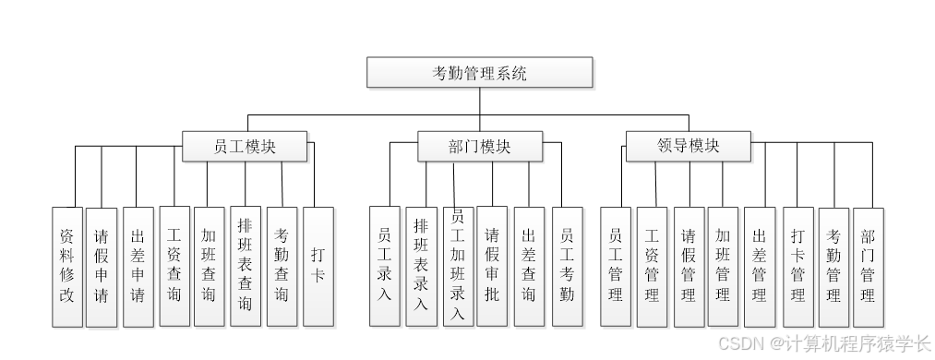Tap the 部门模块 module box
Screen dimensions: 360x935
click(479, 147)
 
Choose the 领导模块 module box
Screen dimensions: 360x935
click(689, 147)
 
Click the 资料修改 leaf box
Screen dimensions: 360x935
click(66, 267)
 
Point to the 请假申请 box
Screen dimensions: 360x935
click(102, 267)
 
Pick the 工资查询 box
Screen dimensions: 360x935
click(174, 266)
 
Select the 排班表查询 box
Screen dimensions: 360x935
click(246, 266)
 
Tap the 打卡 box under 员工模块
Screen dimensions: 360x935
click(318, 266)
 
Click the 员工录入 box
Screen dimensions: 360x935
click(385, 266)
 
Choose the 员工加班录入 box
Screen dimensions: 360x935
click(457, 266)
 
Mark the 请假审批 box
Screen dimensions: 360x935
click(492, 266)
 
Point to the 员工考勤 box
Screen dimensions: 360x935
click(567, 266)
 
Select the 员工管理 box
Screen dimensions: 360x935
click(616, 266)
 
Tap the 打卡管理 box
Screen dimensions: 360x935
click(797, 266)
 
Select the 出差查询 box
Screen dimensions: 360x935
click(528, 266)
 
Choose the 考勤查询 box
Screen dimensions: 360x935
click(282, 266)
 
